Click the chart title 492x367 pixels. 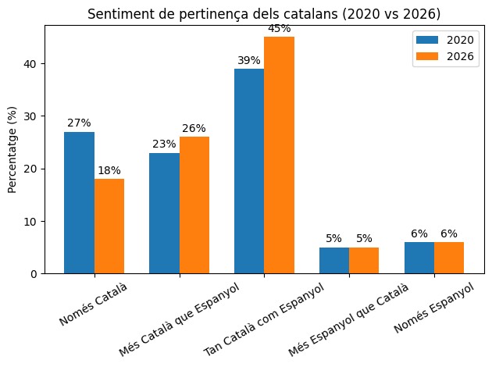point(264,14)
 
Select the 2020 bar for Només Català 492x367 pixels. point(79,202)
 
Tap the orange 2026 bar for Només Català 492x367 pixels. point(109,226)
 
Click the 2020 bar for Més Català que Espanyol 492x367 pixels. point(164,213)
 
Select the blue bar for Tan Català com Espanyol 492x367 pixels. point(249,171)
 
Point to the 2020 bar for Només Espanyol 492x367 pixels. point(419,258)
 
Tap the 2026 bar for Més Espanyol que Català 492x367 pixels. point(364,260)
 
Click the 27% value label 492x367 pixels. point(79,123)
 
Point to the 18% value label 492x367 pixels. point(109,170)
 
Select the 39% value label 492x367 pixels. point(249,60)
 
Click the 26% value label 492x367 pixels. point(194,128)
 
